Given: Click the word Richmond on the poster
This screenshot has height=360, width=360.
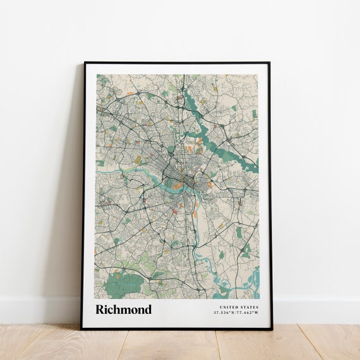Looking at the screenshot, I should point(123,309).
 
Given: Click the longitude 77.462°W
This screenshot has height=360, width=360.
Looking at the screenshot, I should point(248,313).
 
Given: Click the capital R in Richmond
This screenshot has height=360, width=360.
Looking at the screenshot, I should point(100,309).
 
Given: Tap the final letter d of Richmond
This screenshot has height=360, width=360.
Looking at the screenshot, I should point(148,309).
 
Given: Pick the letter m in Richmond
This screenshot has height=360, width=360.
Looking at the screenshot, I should point(124,310).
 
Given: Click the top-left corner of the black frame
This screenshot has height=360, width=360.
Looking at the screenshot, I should point(84,63).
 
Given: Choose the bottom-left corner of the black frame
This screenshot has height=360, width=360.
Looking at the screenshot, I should point(82,328).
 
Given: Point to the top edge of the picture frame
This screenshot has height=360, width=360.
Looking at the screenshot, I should point(177,63).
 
